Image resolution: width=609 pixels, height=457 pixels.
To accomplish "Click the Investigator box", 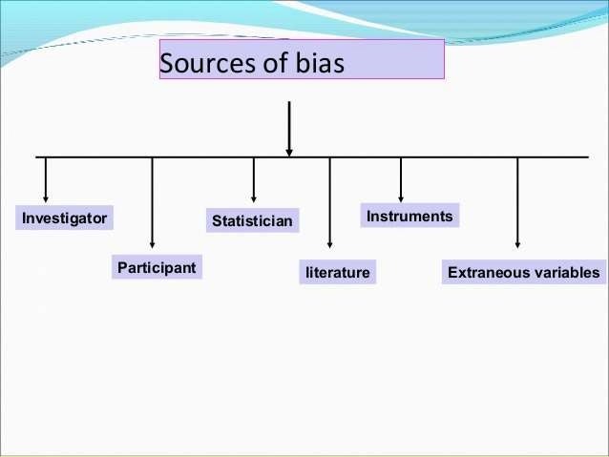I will pos(65,218).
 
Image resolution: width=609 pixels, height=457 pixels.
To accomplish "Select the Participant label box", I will pos(156,267).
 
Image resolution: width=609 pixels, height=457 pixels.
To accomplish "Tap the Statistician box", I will pos(252,221).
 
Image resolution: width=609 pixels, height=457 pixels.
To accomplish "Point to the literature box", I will pos(337,273).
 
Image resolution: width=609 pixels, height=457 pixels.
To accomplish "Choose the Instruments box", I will pos(409,217).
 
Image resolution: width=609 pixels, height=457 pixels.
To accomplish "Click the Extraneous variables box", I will pos(524,273).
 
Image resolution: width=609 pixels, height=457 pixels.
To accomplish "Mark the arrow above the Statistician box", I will pos(254,179).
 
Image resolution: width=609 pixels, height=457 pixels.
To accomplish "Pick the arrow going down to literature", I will pos(329,205).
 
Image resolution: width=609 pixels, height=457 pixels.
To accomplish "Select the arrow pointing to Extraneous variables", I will pos(517,205).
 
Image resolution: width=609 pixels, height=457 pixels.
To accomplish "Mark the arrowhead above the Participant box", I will pos(153,246).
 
